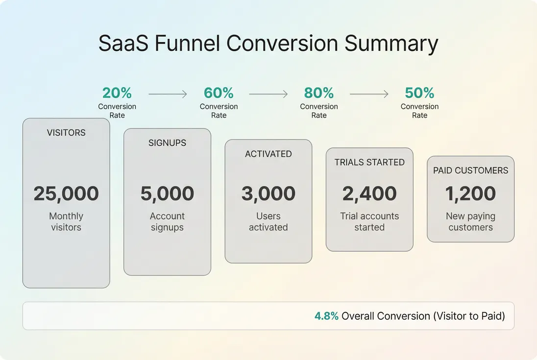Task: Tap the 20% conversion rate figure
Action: [117, 93]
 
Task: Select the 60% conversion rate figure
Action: [219, 93]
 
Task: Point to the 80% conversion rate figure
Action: [319, 93]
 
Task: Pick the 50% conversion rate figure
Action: [419, 93]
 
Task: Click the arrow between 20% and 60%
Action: [168, 94]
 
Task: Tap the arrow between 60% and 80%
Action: [268, 94]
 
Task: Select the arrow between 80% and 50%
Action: [369, 94]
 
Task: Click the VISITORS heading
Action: [66, 133]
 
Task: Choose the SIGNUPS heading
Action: [167, 143]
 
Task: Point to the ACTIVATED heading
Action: [268, 154]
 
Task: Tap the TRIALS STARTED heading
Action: [369, 162]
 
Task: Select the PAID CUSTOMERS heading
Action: [470, 170]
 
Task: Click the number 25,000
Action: [66, 194]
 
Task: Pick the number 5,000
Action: [167, 194]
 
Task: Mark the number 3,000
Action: [268, 194]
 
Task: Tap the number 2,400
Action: [369, 194]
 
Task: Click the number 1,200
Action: [470, 194]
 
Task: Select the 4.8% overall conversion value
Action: [326, 316]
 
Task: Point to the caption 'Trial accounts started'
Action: [369, 222]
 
